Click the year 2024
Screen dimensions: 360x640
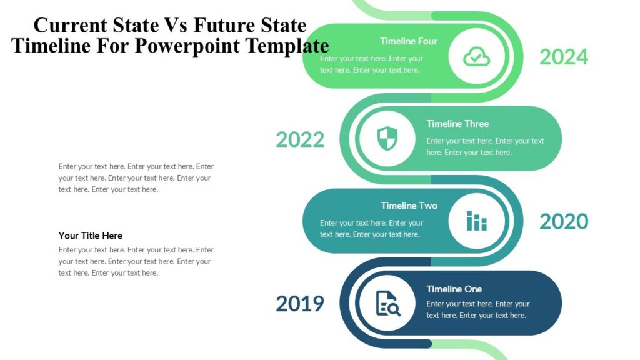[x=564, y=57]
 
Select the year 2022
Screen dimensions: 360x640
[x=300, y=139]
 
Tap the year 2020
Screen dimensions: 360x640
[x=564, y=221]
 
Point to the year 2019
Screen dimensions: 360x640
[x=300, y=304]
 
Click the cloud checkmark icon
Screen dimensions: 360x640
[x=476, y=57]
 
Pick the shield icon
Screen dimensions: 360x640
[x=387, y=139]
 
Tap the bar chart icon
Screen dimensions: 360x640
[x=476, y=221]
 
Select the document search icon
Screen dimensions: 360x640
[x=387, y=303]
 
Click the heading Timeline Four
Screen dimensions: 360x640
[x=409, y=41]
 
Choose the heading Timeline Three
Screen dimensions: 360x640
[x=457, y=124]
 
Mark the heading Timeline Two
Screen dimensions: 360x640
[x=409, y=206]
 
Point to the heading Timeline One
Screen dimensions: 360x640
[x=454, y=289]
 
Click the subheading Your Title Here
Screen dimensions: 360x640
[x=91, y=236]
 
